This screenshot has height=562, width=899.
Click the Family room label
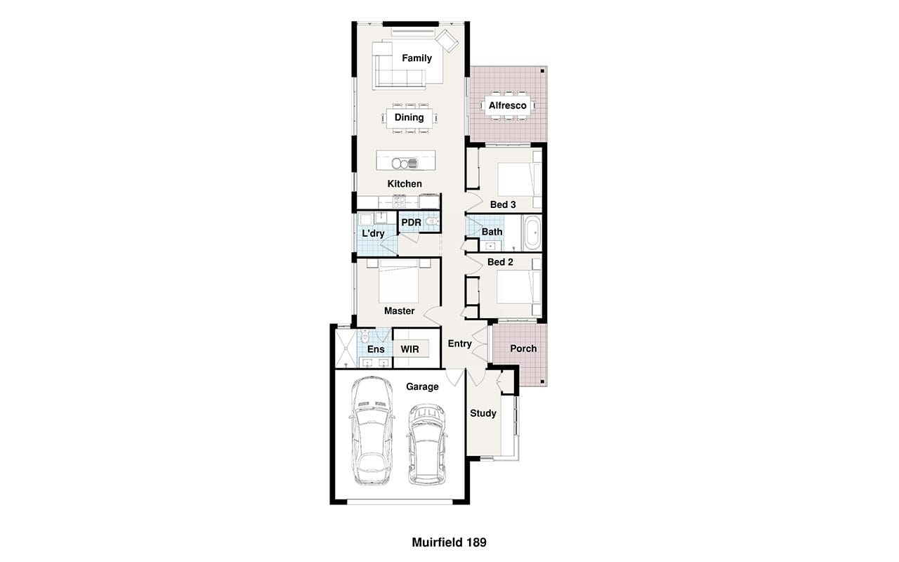416,58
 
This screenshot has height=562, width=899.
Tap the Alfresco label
507,105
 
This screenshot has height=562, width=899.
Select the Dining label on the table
409,117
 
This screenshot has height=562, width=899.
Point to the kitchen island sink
405,164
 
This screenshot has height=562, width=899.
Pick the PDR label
411,223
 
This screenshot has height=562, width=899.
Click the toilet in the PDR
432,221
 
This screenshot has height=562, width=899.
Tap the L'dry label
373,233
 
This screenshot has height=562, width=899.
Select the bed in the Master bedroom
398,281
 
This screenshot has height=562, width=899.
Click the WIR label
409,349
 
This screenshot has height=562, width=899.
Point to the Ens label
376,349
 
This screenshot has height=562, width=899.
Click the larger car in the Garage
372,431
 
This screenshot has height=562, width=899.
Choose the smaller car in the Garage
426,444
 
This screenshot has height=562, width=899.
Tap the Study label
483,413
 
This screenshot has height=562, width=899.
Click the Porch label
523,348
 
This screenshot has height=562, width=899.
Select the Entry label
459,344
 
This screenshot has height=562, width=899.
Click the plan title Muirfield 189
449,542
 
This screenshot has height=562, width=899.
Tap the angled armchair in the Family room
447,41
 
